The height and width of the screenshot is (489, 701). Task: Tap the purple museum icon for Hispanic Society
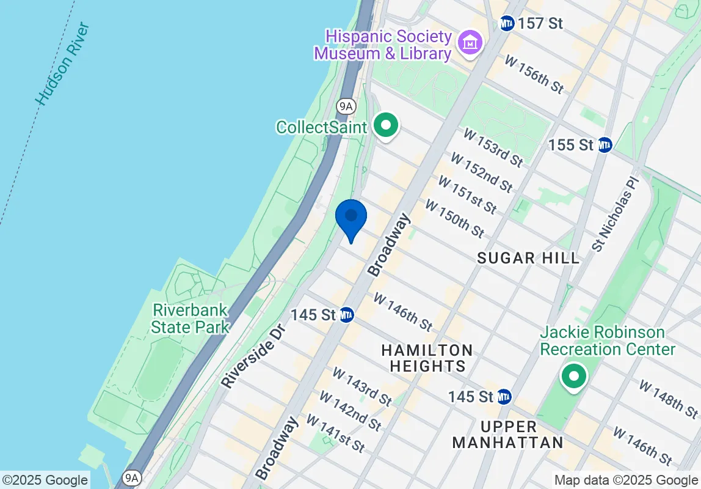pos(471,42)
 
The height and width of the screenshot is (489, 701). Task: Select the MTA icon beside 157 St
pos(507,24)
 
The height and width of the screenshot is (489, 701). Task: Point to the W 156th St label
pos(534,74)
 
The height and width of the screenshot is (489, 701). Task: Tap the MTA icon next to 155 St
pos(605,145)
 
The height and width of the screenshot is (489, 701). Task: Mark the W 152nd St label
pos(482,172)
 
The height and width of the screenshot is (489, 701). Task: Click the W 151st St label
pos(467,196)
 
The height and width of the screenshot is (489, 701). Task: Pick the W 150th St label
pos(455,219)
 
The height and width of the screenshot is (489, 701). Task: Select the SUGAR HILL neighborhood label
pos(528,257)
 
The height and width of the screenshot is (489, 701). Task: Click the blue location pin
pos(351,217)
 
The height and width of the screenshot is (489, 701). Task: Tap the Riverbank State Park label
pos(190,318)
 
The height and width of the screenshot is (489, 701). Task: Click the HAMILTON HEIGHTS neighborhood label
pos(427,358)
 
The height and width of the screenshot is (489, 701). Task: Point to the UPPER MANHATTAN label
pos(508,434)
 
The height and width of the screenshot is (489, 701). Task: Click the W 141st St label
pos(335,434)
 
